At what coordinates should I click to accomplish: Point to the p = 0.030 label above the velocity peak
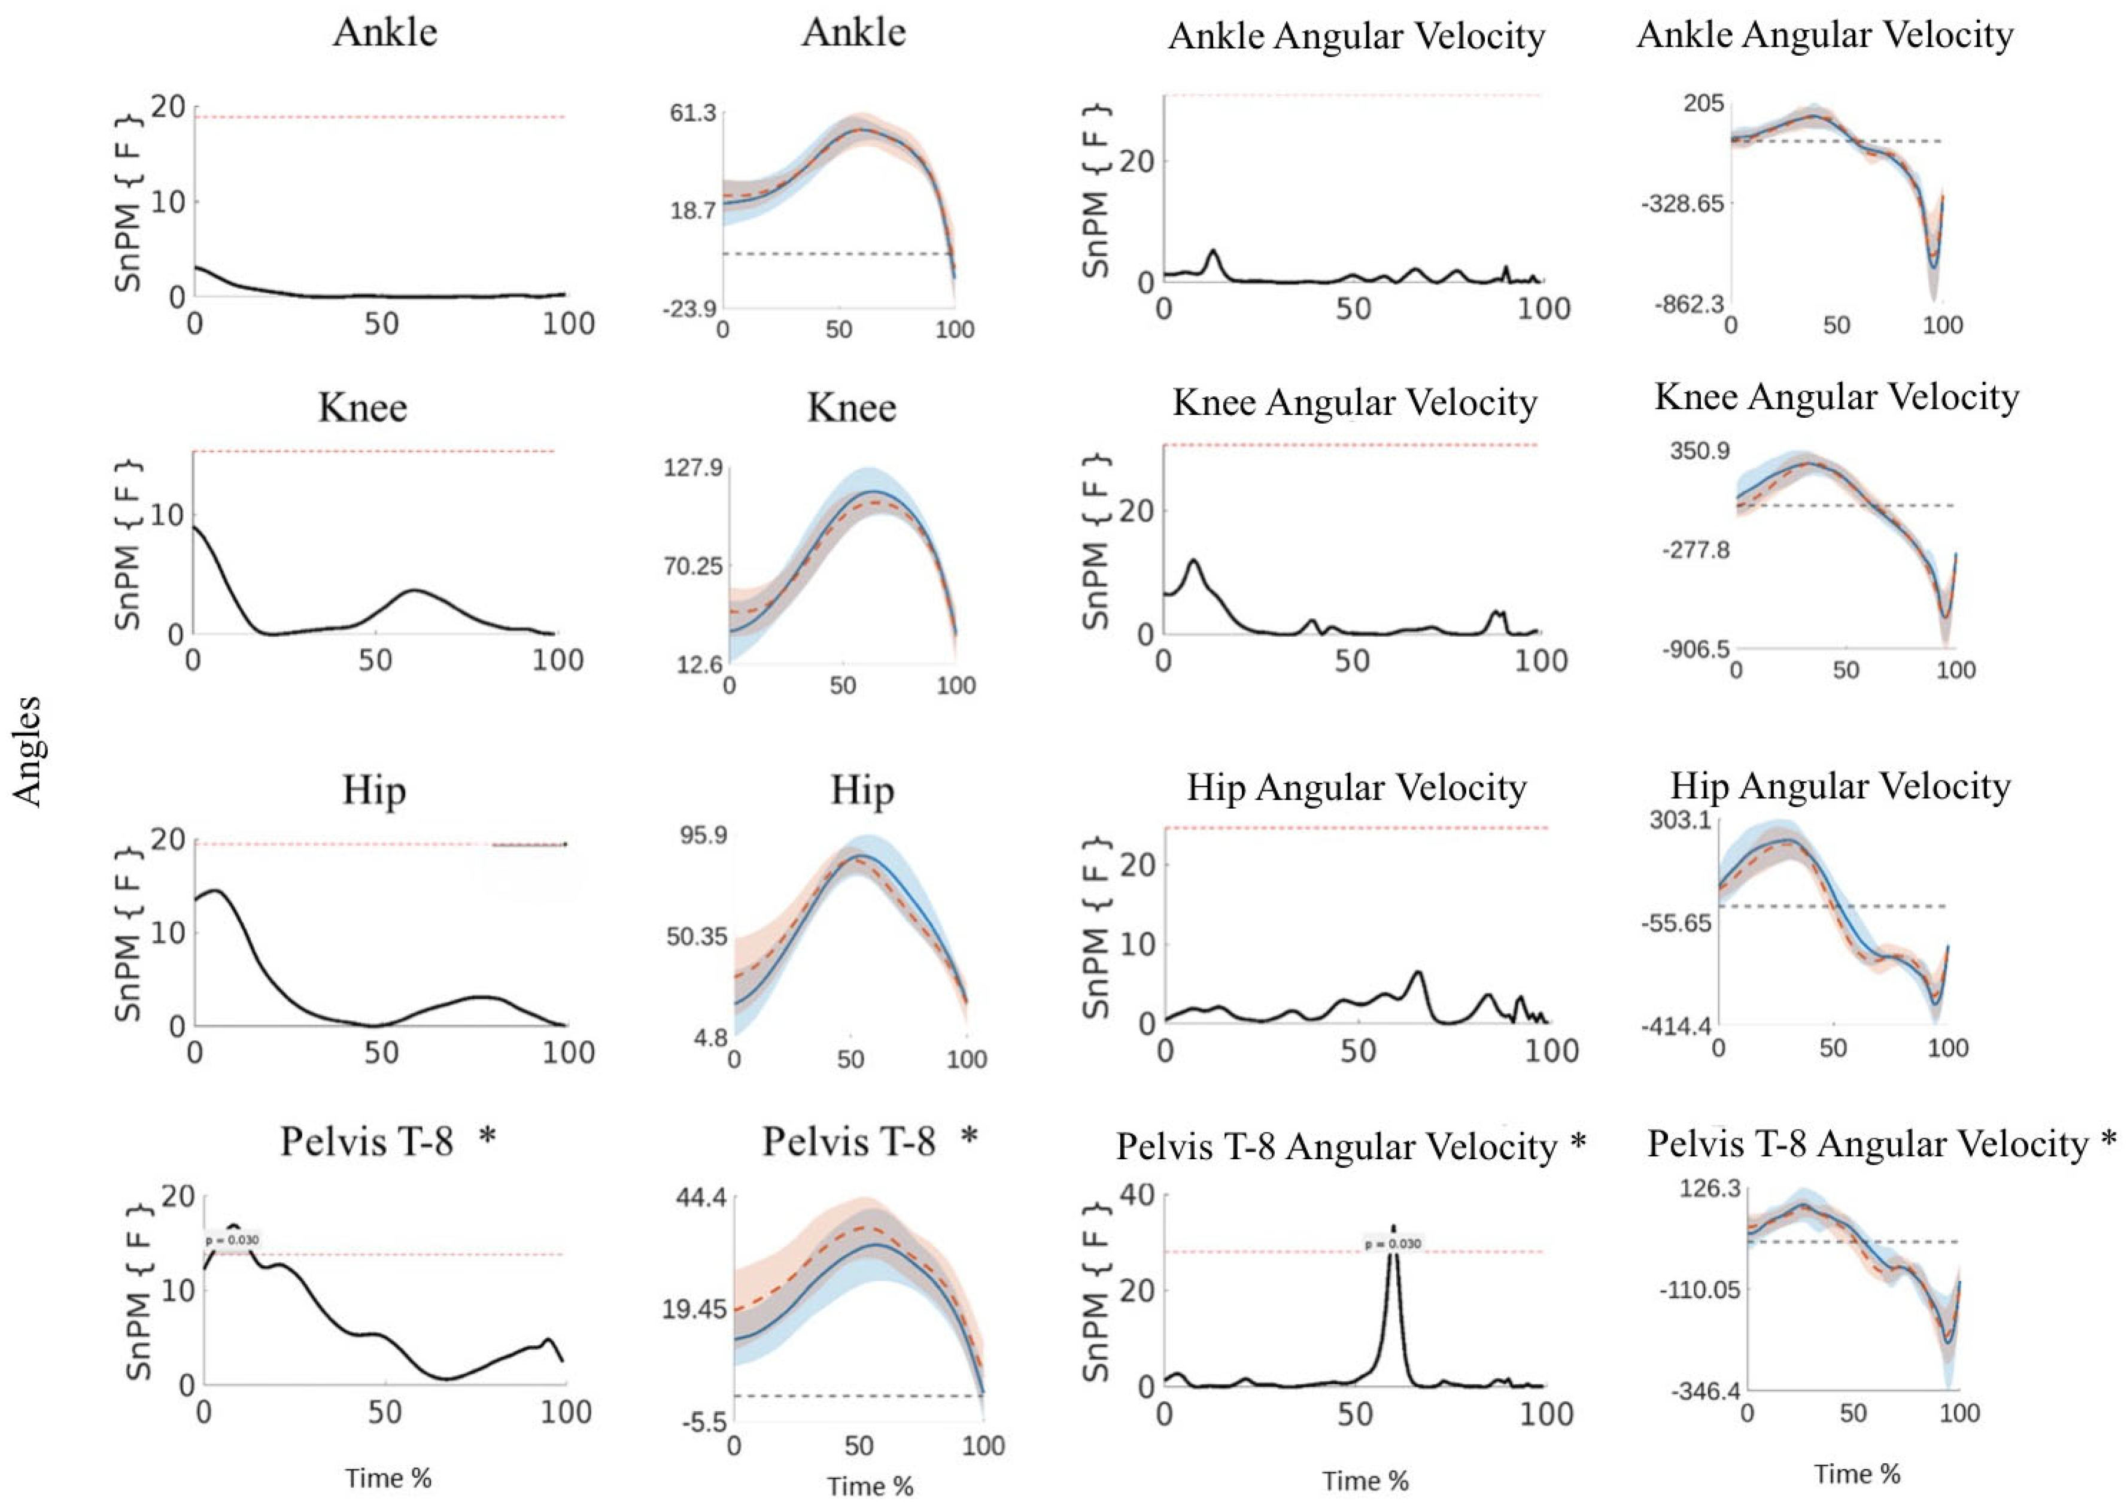(1393, 1244)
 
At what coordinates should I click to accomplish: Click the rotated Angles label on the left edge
(28, 752)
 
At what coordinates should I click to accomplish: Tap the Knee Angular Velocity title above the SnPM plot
(1355, 403)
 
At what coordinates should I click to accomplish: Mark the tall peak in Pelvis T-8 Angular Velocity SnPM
(1393, 1229)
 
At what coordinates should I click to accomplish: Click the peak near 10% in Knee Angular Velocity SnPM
(1193, 560)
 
